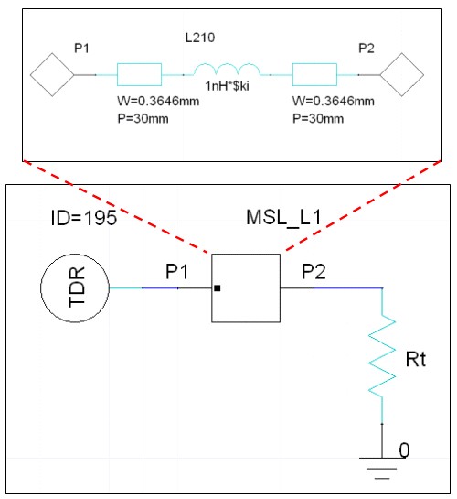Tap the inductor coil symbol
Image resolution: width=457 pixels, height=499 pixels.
pos(227,70)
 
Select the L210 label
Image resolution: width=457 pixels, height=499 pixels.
pos(200,38)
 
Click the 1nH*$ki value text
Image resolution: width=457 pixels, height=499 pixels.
pos(227,86)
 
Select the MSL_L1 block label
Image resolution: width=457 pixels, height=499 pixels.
pos(283,218)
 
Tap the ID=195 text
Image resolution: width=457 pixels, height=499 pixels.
pos(84,218)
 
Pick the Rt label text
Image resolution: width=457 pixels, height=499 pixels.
pos(416,359)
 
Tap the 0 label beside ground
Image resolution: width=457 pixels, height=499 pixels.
pos(404,450)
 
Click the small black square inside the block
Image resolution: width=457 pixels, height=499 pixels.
pos(218,288)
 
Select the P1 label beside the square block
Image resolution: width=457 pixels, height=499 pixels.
pos(177,272)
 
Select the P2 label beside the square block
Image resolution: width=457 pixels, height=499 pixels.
pos(314,272)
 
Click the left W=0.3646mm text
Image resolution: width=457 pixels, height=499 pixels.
pos(158,102)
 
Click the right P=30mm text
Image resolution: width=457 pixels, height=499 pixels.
pos(318,119)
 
